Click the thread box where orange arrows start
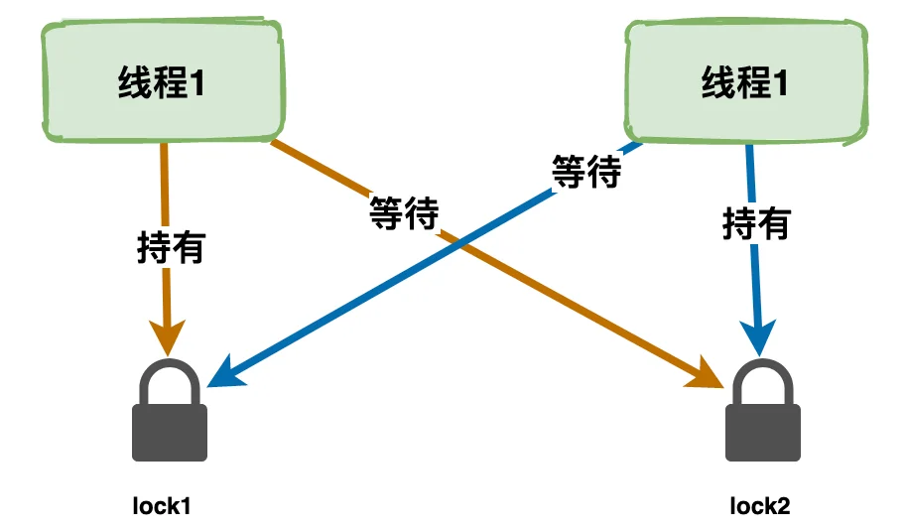(164, 80)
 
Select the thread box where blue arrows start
(746, 81)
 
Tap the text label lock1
(162, 506)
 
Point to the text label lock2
(759, 506)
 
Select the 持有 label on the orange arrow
(171, 248)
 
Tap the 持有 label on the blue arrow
(756, 223)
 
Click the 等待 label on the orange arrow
(404, 213)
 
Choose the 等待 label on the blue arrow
(586, 172)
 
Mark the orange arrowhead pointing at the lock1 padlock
(168, 337)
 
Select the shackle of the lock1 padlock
(170, 382)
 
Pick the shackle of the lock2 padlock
(762, 382)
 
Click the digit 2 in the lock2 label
(783, 507)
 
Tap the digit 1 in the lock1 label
(186, 507)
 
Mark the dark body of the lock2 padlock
(762, 433)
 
